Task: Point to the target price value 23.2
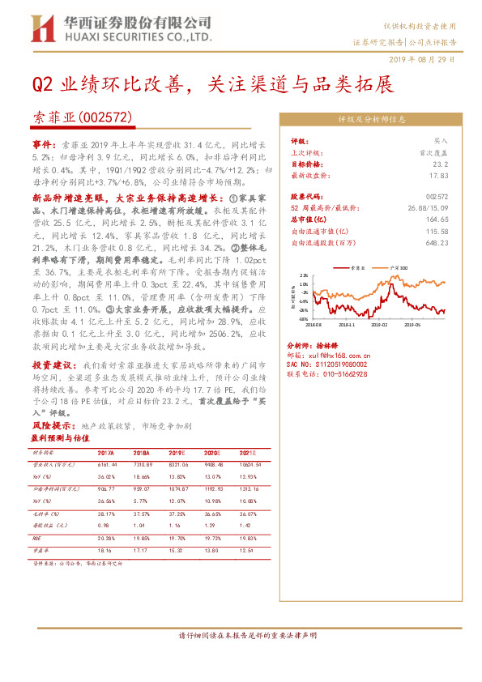coord(441,163)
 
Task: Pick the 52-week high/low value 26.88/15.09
coord(429,207)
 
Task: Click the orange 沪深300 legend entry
coord(399,266)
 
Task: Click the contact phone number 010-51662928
coord(330,374)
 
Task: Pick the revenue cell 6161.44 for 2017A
coord(107,465)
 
